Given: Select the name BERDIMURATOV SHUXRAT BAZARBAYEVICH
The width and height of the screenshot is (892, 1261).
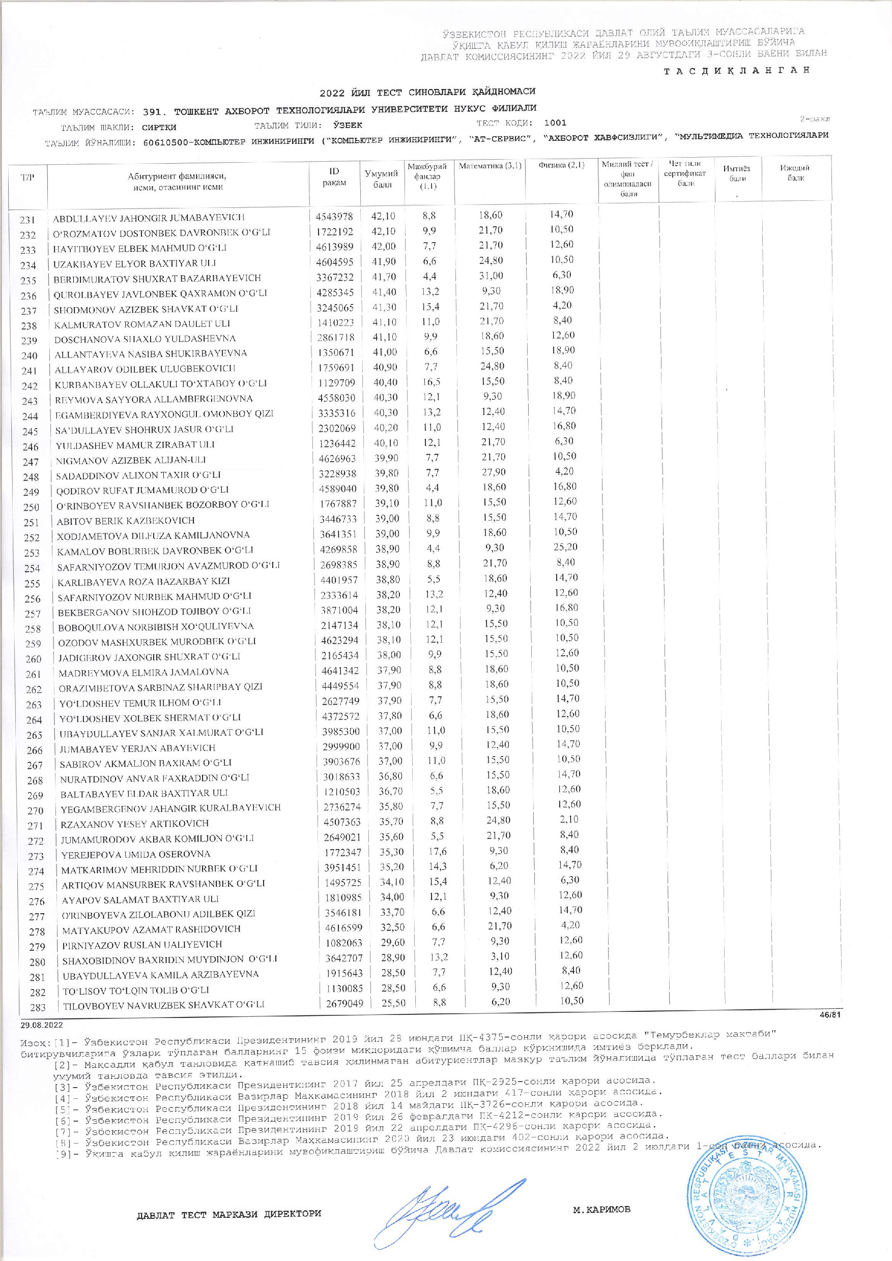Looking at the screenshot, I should click(x=157, y=279).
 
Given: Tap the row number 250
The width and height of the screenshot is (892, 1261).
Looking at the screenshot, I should click(x=30, y=507).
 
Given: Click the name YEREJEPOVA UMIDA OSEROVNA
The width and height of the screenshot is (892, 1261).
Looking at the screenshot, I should click(x=136, y=854).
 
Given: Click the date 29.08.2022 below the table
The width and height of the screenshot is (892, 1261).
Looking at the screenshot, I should click(x=42, y=1025).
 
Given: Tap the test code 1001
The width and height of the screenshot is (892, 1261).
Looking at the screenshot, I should click(x=555, y=123).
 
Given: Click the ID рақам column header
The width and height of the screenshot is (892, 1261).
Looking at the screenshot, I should click(x=334, y=177).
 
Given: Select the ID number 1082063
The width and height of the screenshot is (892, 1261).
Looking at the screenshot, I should click(x=342, y=944).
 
